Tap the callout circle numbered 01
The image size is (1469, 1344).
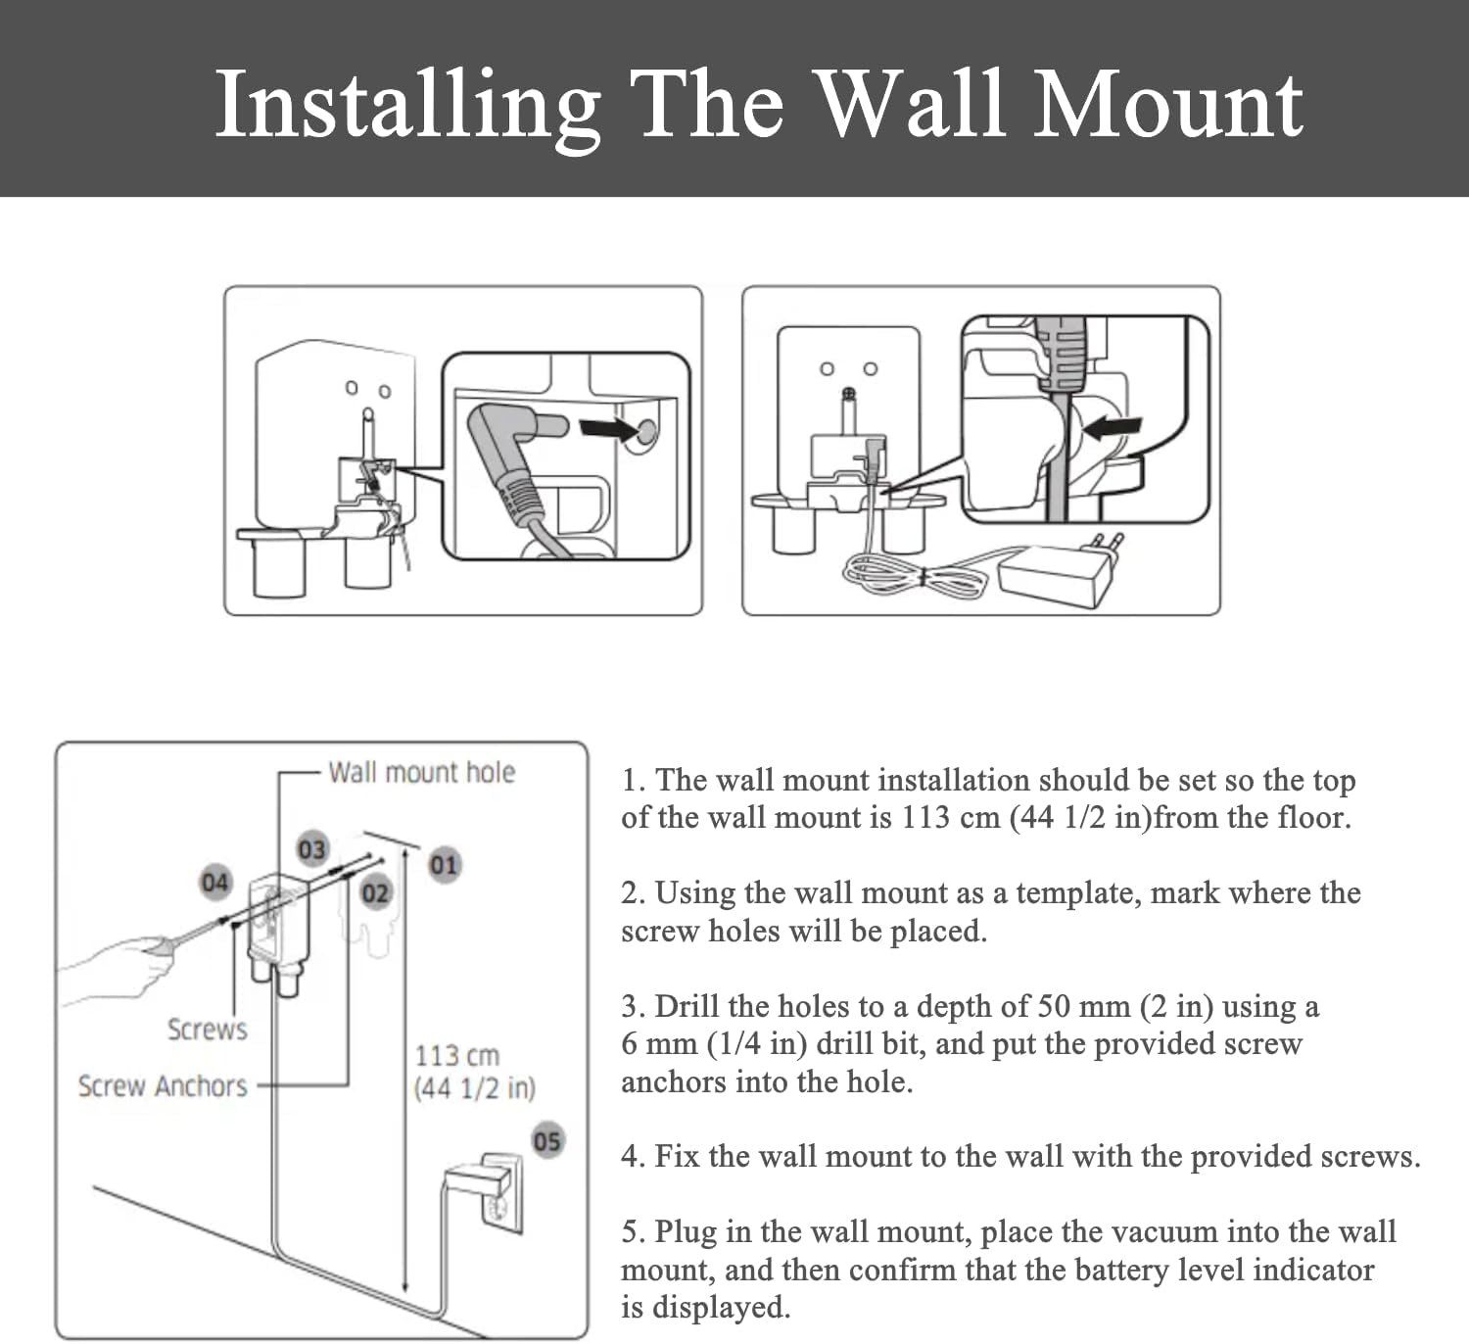pyautogui.click(x=444, y=865)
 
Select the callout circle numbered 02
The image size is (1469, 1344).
pyautogui.click(x=375, y=893)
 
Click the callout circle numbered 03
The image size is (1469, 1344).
pyautogui.click(x=311, y=848)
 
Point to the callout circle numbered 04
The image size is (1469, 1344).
pyautogui.click(x=214, y=882)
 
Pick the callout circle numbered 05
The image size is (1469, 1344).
pyautogui.click(x=546, y=1141)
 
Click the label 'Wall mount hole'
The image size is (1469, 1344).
pyautogui.click(x=421, y=772)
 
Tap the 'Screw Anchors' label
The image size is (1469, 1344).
pyautogui.click(x=163, y=1086)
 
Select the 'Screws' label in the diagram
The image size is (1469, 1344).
pyautogui.click(x=207, y=1030)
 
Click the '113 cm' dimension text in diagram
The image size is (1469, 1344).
pyautogui.click(x=456, y=1056)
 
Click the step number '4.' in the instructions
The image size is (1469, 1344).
pyautogui.click(x=632, y=1157)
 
